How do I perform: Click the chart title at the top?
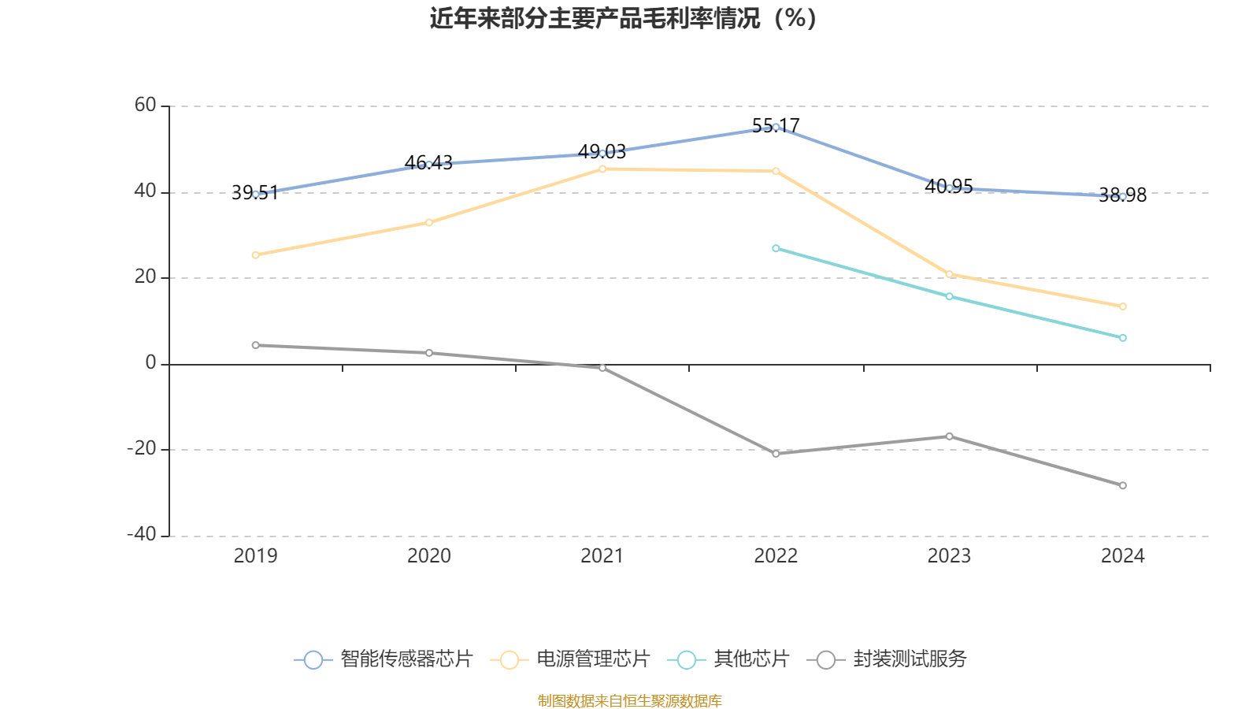click(x=623, y=18)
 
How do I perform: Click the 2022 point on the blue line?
click(x=776, y=127)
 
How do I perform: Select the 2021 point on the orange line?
click(x=602, y=169)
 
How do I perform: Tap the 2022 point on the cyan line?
click(x=776, y=248)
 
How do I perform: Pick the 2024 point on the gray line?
click(x=1122, y=485)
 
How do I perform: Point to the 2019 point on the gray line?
click(x=255, y=345)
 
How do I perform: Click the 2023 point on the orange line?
click(x=949, y=274)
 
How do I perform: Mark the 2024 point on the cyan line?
click(x=1122, y=338)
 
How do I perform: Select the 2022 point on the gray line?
click(x=776, y=454)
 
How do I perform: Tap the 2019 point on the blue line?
click(x=255, y=194)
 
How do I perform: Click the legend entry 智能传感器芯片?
click(x=384, y=659)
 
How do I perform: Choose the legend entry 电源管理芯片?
click(x=570, y=659)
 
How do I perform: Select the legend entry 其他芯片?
click(x=728, y=659)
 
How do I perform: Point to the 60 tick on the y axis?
click(x=146, y=106)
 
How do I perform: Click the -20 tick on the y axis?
click(x=142, y=449)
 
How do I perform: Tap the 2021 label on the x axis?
click(x=602, y=556)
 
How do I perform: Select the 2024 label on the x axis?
click(x=1122, y=556)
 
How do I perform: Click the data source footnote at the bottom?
click(x=629, y=700)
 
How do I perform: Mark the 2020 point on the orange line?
click(x=429, y=223)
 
